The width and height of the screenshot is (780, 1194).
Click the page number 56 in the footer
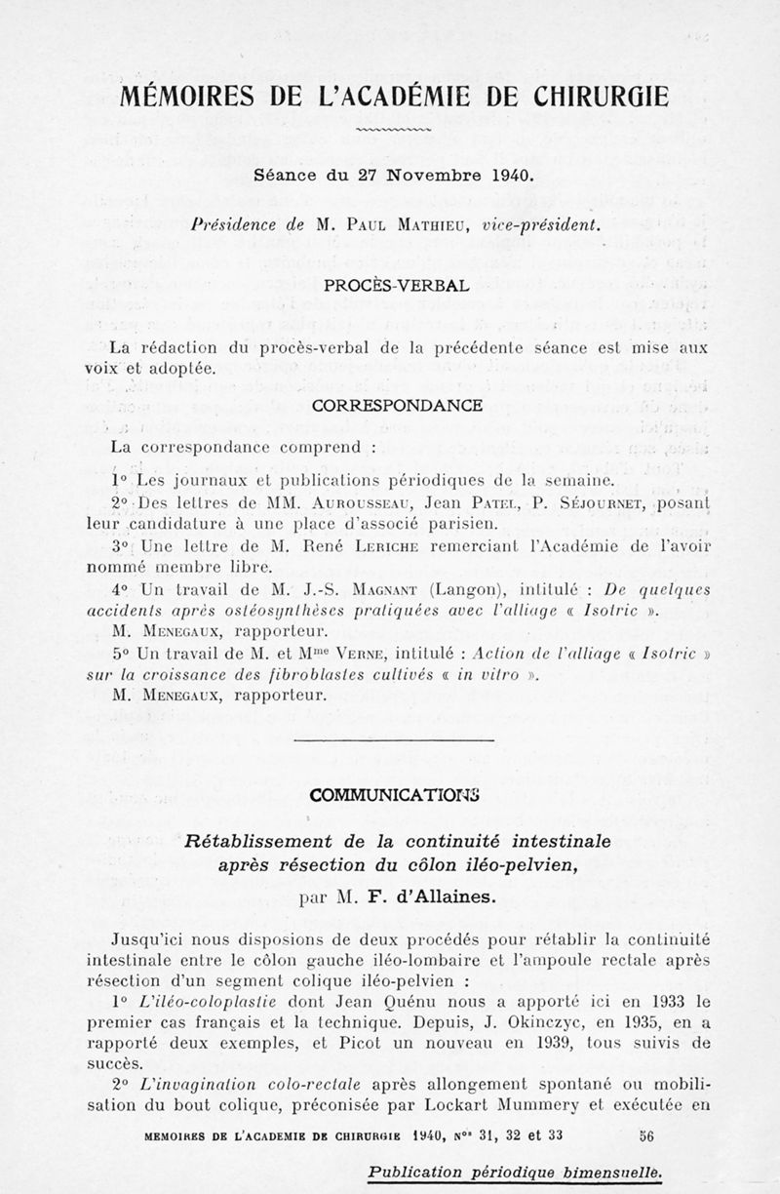pyautogui.click(x=646, y=1135)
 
